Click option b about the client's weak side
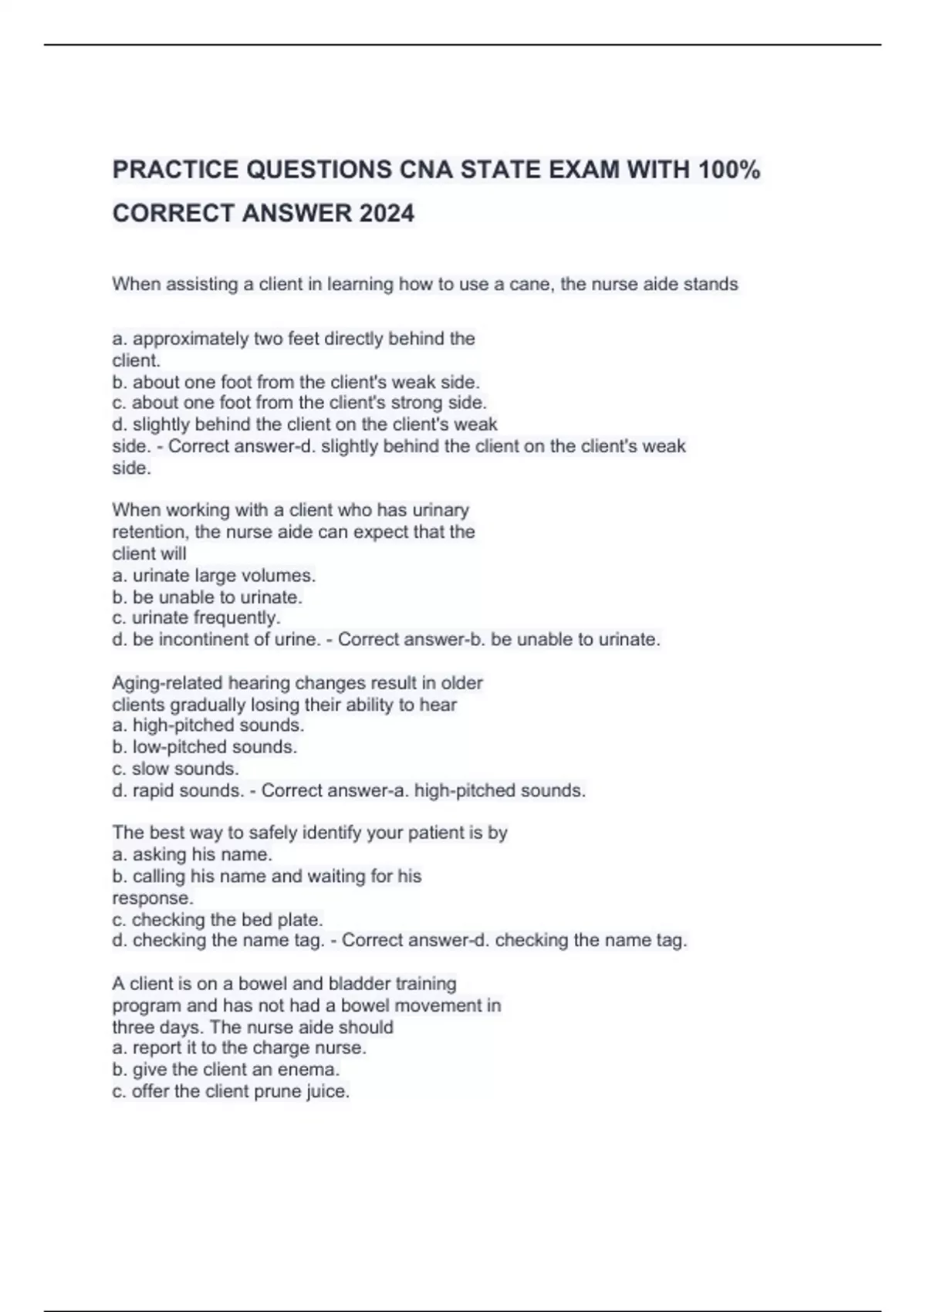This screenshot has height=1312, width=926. point(296,382)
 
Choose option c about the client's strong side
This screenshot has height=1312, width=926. point(299,403)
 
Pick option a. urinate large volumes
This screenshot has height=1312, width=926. point(214,576)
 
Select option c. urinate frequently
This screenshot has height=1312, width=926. point(196,618)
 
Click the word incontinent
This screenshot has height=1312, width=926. point(203,640)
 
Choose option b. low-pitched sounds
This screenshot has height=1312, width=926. point(204,747)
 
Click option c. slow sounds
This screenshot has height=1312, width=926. point(175,769)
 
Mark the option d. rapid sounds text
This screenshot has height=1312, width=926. point(177,791)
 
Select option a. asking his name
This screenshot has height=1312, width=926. point(192,854)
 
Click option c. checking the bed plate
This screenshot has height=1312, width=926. point(218,920)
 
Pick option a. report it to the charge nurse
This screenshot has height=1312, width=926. point(239,1048)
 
